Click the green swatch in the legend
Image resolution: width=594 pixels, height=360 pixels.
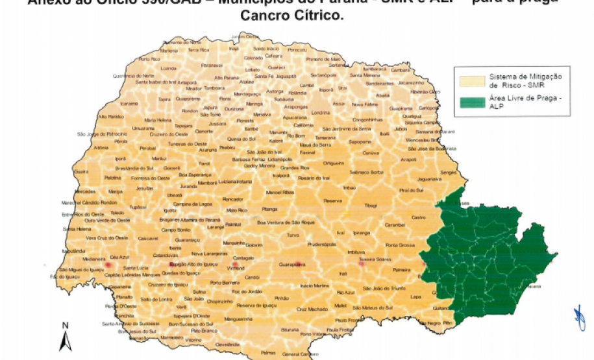click(471, 101)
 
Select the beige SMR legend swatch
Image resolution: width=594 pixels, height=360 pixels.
click(471, 80)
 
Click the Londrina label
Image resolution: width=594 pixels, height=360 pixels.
click(321, 112)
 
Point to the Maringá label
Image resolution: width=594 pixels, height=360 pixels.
click(254, 104)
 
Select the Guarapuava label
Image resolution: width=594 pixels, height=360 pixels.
click(291, 265)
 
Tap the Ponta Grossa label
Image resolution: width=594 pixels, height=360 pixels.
click(400, 245)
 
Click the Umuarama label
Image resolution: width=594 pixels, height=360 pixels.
click(143, 128)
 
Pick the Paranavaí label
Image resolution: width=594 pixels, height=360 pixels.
click(212, 66)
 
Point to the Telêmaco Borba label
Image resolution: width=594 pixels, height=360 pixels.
click(367, 172)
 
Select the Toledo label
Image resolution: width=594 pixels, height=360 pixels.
click(117, 212)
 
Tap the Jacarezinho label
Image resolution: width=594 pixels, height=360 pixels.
click(410, 83)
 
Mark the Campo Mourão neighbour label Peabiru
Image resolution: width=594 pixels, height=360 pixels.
click(227, 148)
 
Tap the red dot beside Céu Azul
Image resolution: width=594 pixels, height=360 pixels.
click(108, 266)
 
